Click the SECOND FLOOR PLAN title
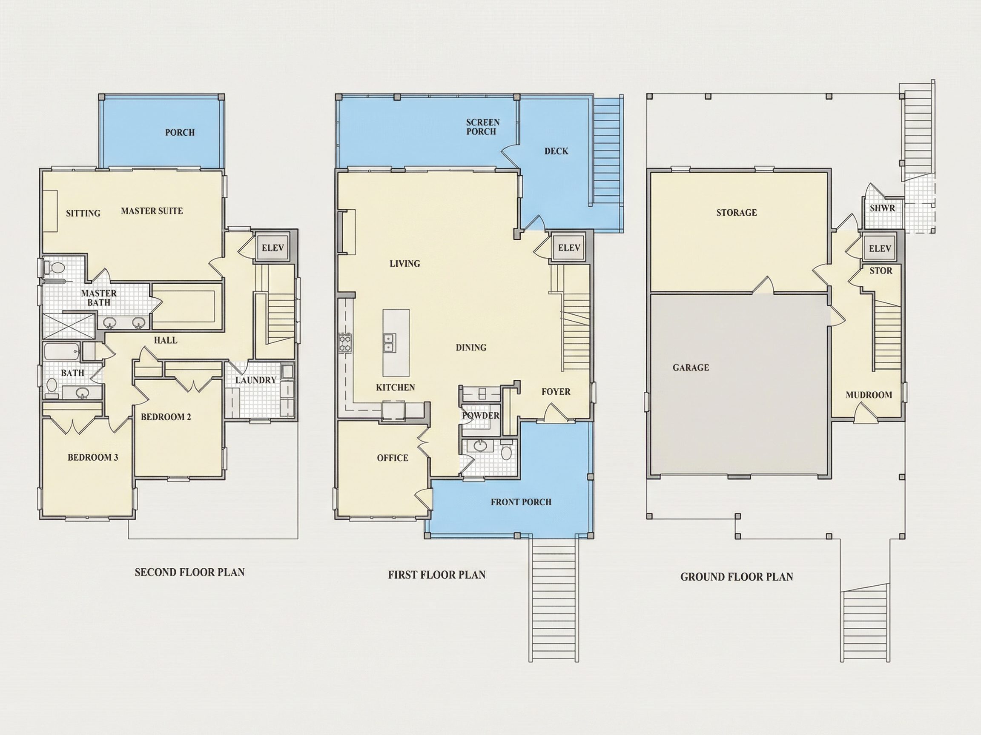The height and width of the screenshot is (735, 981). click(189, 572)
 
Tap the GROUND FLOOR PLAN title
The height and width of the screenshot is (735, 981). click(737, 576)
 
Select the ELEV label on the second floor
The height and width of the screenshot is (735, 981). click(273, 248)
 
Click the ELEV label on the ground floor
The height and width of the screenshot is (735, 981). click(880, 248)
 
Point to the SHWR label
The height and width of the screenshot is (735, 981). click(882, 208)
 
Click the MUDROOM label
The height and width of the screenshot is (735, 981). click(869, 395)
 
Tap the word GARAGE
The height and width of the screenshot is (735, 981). click(691, 367)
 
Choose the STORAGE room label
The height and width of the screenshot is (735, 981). click(737, 213)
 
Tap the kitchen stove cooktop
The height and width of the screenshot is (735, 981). click(345, 343)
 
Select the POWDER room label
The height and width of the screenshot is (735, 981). click(481, 416)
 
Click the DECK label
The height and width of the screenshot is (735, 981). click(556, 151)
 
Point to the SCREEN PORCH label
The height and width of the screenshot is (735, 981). click(482, 127)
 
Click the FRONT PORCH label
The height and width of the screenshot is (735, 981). click(521, 502)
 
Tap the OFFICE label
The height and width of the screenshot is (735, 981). click(393, 458)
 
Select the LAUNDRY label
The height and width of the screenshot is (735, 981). click(255, 380)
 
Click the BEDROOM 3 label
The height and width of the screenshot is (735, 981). click(93, 457)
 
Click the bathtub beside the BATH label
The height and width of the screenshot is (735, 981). click(62, 352)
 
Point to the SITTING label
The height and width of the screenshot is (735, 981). click(83, 213)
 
